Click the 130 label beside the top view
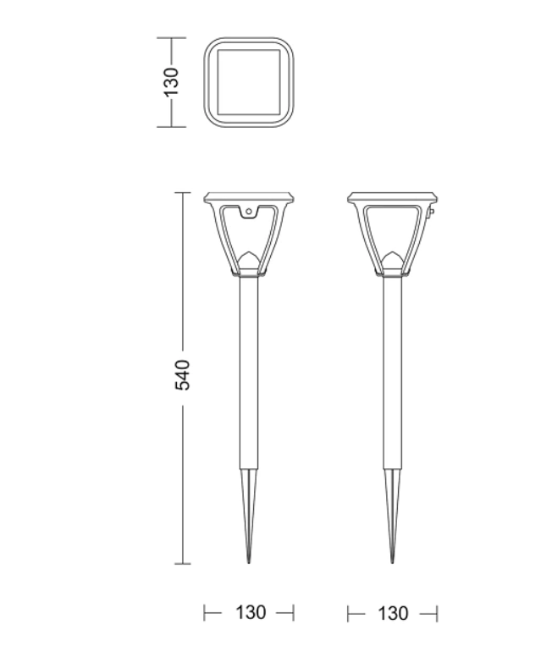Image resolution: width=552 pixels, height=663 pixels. point(172,82)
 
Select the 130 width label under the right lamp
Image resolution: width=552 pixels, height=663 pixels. point(393,612)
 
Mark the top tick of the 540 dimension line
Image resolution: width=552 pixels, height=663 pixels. point(183,193)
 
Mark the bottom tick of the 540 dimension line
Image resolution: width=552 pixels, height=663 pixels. point(183,563)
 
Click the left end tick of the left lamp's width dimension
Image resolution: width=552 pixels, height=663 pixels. point(206,612)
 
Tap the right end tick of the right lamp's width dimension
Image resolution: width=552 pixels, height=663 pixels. point(437,612)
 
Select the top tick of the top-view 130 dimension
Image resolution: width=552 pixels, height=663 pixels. point(172,38)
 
